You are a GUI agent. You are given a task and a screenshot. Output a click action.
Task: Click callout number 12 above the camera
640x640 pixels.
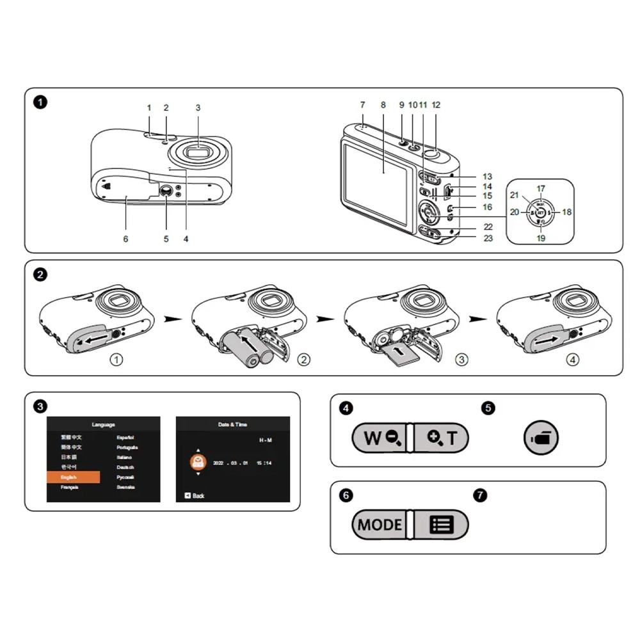pyautogui.click(x=436, y=104)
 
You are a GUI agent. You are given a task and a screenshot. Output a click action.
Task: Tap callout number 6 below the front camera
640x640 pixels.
pyautogui.click(x=126, y=239)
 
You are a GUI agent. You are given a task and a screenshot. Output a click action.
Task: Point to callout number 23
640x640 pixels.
pyautogui.click(x=488, y=238)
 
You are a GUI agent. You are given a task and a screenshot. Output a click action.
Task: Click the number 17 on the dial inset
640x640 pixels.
pyautogui.click(x=541, y=189)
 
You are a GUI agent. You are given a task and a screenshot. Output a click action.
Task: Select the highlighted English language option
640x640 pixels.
pyautogui.click(x=74, y=477)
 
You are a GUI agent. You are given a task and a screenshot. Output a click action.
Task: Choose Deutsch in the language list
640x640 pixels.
pyautogui.click(x=125, y=467)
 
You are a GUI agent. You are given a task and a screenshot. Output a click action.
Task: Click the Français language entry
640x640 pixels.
pyautogui.click(x=70, y=488)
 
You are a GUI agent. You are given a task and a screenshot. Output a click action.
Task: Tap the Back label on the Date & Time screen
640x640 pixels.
pyautogui.click(x=198, y=496)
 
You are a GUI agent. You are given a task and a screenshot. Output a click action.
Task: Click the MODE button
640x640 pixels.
pyautogui.click(x=380, y=525)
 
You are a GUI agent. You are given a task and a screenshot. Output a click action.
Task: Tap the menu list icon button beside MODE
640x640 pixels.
pyautogui.click(x=441, y=525)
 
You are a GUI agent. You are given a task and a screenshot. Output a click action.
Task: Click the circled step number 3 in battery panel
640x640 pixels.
pyautogui.click(x=462, y=360)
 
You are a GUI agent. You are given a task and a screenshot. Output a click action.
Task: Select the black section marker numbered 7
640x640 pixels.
pyautogui.click(x=481, y=495)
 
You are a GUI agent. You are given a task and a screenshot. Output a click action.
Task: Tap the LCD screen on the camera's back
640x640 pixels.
pyautogui.click(x=374, y=182)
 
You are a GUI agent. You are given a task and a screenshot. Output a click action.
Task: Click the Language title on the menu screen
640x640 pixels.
pyautogui.click(x=104, y=424)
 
